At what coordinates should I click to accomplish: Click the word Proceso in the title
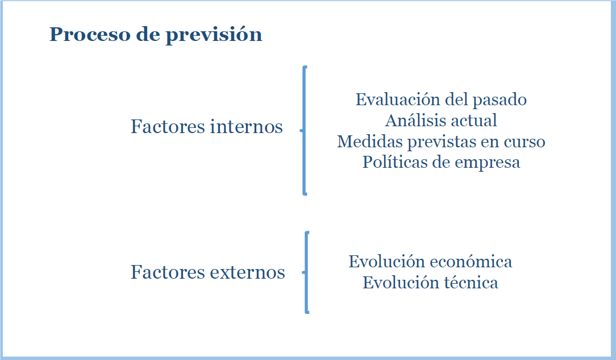tap(90, 34)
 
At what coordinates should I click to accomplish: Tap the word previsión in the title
tap(214, 35)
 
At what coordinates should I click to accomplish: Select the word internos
tap(246, 127)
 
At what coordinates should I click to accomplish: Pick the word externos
tap(247, 272)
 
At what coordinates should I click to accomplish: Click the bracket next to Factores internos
tap(303, 130)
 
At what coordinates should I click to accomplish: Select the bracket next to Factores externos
tap(306, 272)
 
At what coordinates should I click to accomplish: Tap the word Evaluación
tap(398, 100)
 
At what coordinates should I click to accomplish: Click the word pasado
tap(500, 100)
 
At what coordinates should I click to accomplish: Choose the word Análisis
tap(414, 120)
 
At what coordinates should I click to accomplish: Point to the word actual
tap(473, 120)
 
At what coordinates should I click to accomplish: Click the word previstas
tap(441, 142)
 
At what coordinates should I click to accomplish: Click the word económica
tap(471, 262)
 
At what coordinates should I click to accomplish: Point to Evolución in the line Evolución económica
tap(387, 262)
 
